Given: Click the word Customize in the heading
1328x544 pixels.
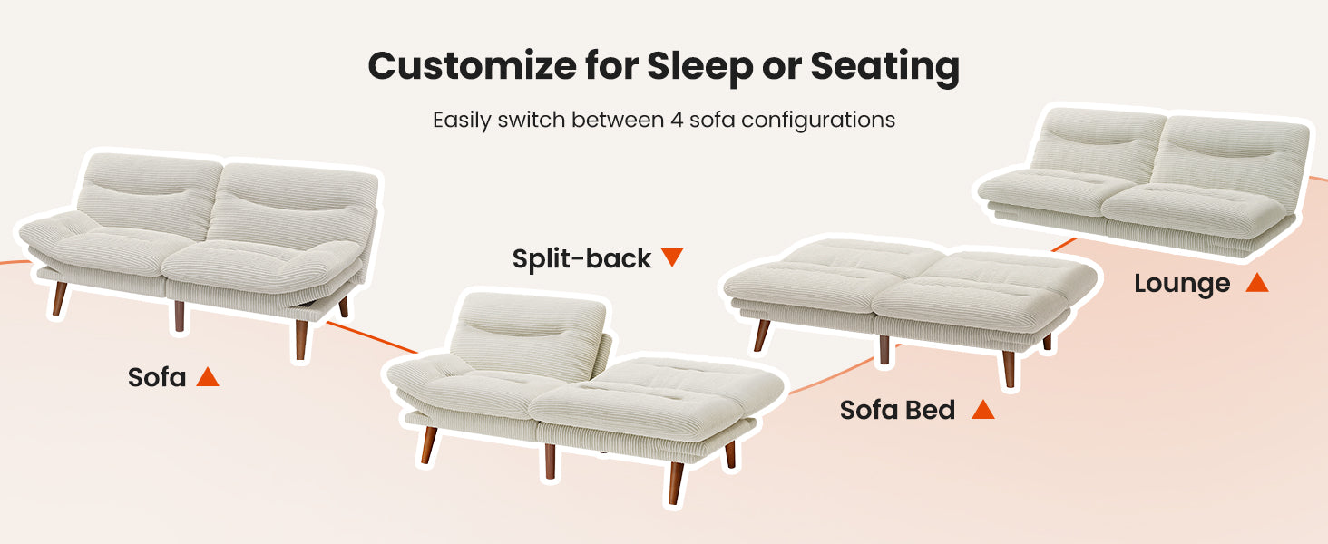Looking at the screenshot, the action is coord(472,66).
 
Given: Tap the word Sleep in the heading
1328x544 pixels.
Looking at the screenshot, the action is coord(699,66).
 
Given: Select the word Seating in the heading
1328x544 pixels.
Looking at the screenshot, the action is coord(884,66).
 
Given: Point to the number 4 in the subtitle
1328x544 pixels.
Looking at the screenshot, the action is coord(677,121).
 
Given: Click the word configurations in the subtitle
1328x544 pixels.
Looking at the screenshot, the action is coord(817,121).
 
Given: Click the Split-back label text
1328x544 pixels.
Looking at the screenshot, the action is coord(581,259).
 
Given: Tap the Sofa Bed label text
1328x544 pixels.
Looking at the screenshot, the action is coord(897,410).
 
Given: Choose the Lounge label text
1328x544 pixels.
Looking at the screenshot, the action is coord(1182,284).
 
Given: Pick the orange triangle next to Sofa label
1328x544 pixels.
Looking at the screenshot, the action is coord(208,377).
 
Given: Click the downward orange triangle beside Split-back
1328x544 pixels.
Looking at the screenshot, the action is coord(672,257).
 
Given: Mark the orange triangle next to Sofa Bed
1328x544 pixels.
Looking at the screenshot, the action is coord(983,410).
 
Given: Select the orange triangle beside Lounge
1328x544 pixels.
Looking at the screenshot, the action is coord(1257,282).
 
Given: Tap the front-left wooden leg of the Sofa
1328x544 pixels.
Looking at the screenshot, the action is coord(59,299).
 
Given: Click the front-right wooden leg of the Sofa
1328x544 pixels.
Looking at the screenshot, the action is coord(301,340).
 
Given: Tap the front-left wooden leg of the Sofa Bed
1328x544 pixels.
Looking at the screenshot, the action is coord(761,335).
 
